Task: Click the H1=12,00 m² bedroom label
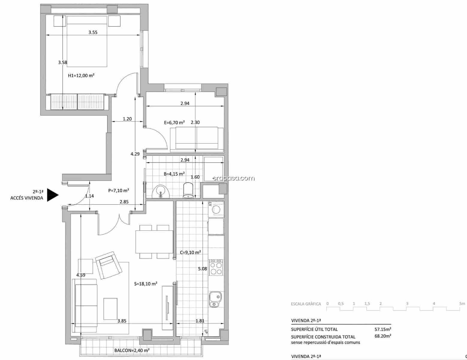pyautogui.click(x=81, y=76)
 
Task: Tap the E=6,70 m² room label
pyautogui.click(x=174, y=122)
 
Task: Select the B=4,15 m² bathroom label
pyautogui.click(x=174, y=174)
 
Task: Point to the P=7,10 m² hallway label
pyautogui.click(x=119, y=190)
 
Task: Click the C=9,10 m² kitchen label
pyautogui.click(x=190, y=252)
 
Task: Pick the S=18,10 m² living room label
pyautogui.click(x=146, y=283)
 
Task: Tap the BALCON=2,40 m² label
pyautogui.click(x=132, y=350)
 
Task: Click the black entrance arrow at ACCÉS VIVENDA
pyautogui.click(x=53, y=195)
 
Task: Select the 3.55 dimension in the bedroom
pyautogui.click(x=93, y=32)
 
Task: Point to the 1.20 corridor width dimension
pyautogui.click(x=127, y=119)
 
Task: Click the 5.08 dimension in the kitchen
pyautogui.click(x=202, y=269)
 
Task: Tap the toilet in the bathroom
pyautogui.click(x=188, y=191)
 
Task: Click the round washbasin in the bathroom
pyautogui.click(x=161, y=191)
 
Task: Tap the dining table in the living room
pyautogui.click(x=154, y=242)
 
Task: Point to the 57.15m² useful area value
pyautogui.click(x=383, y=329)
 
